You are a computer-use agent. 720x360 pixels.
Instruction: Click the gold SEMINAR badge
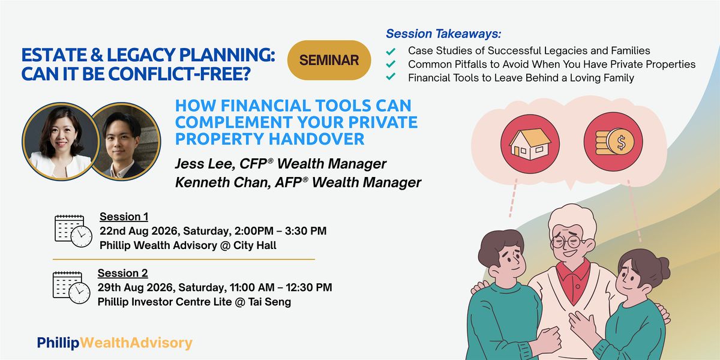(x=329, y=60)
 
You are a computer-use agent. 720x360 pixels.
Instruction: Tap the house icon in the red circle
(x=530, y=143)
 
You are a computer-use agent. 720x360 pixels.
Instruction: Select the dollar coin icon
(x=613, y=142)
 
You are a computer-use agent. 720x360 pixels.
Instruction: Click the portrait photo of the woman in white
(x=61, y=141)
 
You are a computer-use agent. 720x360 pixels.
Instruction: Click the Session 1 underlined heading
(x=124, y=217)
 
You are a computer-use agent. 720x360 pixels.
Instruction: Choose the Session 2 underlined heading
(x=123, y=273)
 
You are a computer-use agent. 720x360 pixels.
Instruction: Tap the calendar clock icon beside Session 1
(x=73, y=231)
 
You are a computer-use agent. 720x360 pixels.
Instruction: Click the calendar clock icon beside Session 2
(x=71, y=287)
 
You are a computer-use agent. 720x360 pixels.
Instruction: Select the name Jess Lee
(x=203, y=164)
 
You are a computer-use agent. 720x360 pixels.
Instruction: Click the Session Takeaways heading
(x=443, y=34)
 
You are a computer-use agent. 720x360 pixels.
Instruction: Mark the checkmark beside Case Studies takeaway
(x=391, y=51)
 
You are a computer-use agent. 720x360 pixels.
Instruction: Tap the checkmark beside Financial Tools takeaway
(x=391, y=77)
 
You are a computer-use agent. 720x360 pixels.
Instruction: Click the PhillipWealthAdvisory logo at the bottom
(x=115, y=343)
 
